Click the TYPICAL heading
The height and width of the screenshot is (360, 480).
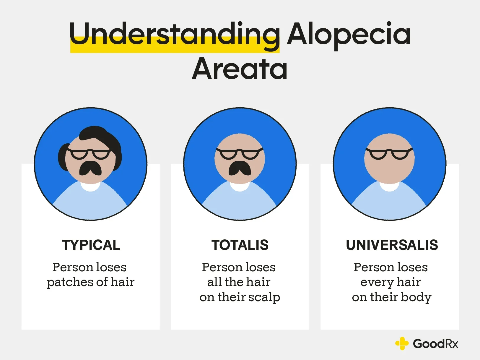tap(91, 245)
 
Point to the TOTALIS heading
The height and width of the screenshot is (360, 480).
tap(240, 245)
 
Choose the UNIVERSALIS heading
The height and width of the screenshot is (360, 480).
tap(392, 245)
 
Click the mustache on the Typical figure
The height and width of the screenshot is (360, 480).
tap(90, 168)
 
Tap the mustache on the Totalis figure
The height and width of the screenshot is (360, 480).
tap(240, 168)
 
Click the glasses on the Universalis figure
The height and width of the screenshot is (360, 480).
tap(389, 154)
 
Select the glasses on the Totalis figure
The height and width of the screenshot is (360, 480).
tap(240, 154)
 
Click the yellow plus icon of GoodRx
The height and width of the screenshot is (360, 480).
tap(402, 343)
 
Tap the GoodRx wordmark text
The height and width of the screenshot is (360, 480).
tap(435, 344)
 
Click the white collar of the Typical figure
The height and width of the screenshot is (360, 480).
tap(90, 186)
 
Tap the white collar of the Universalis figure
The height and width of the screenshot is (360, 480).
tap(389, 186)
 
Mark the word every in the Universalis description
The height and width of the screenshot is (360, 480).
tap(376, 282)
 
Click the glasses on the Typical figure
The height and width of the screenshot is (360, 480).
tap(90, 154)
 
